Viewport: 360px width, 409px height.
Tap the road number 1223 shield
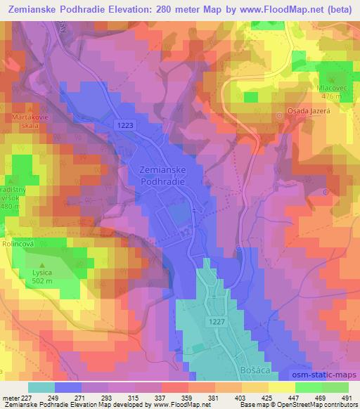124,124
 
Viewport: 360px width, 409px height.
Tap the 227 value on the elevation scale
26,398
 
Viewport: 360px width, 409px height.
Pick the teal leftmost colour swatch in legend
41,387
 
